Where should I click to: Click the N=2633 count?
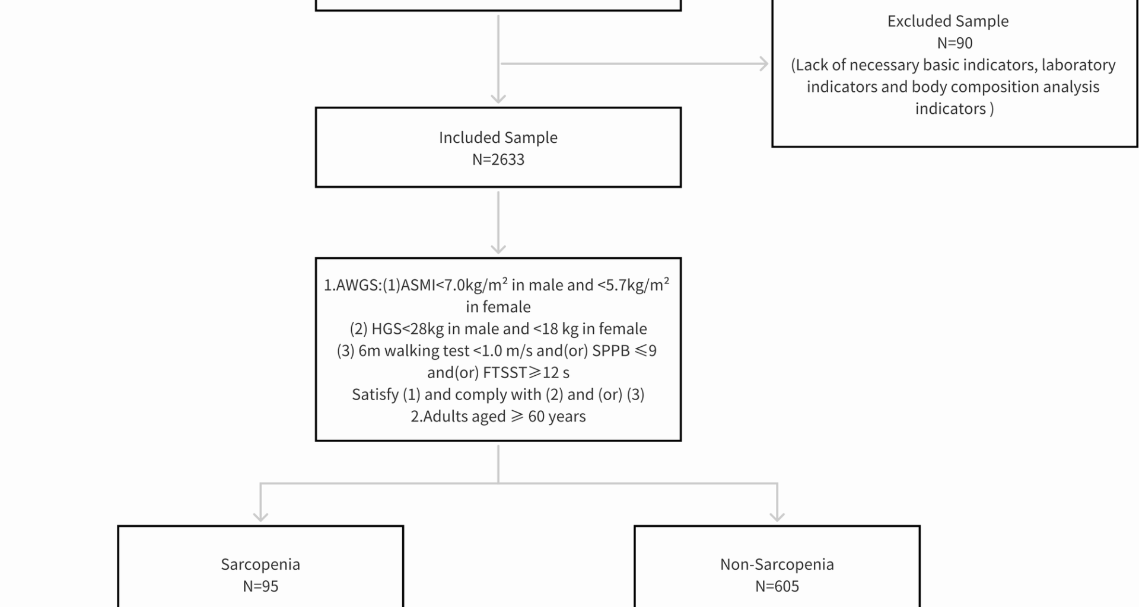(498, 159)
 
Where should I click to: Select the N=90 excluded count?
(955, 43)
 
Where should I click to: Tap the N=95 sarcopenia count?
(260, 586)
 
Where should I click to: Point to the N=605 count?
(777, 586)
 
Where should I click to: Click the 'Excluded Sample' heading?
(948, 21)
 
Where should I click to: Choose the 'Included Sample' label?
(498, 138)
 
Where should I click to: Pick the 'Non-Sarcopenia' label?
(777, 564)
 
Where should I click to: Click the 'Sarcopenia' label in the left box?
(260, 564)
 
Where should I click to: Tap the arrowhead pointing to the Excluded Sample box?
(764, 64)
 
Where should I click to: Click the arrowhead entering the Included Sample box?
(498, 98)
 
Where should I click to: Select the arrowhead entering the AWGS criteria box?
(498, 249)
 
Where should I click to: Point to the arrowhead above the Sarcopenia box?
(260, 516)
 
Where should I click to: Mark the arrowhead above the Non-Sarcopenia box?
(777, 516)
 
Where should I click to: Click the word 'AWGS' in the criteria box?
(358, 286)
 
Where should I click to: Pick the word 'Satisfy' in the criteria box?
(375, 395)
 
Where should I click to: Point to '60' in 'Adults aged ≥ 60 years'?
(536, 417)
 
